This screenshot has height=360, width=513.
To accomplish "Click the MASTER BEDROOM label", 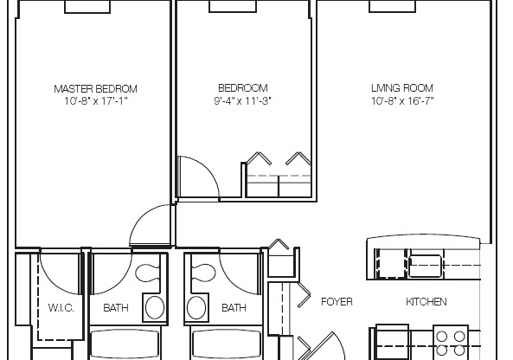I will point(95,88).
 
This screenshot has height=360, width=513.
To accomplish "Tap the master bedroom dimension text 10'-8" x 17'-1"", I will point(95,100).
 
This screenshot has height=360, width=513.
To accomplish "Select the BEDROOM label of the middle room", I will point(242,88).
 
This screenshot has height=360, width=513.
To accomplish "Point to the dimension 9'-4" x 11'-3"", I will point(242,100).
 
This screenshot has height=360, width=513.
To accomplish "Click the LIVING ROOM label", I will point(401,88).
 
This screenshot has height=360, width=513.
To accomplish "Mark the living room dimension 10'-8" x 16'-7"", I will point(401,100).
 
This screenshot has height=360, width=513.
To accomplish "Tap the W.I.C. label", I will point(60,307).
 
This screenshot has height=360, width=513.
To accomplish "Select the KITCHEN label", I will point(426,302).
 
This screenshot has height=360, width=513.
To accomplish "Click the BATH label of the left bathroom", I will point(115,307).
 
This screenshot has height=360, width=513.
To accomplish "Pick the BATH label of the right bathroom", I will point(233,307).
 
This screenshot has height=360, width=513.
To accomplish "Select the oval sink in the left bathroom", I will point(155,307).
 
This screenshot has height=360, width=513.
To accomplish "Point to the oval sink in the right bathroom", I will point(196,307).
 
